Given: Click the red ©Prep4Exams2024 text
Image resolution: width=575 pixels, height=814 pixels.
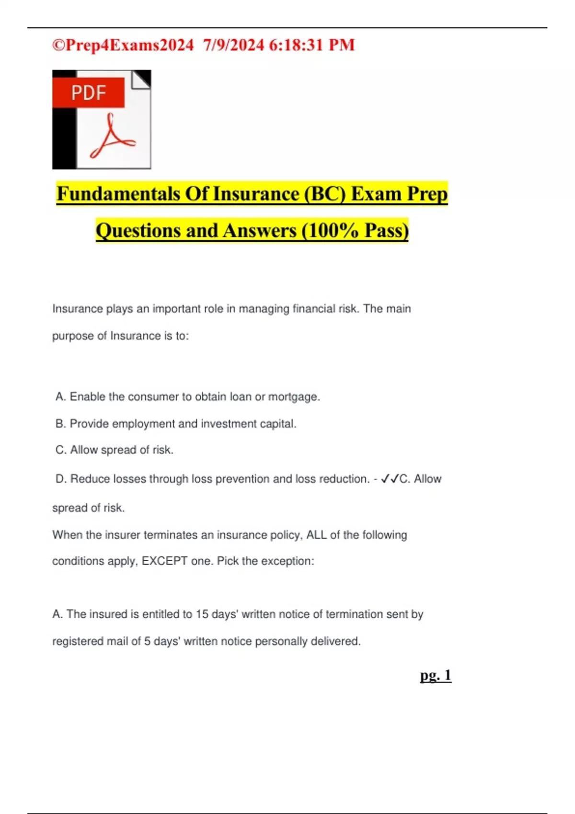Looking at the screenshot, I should pyautogui.click(x=123, y=45).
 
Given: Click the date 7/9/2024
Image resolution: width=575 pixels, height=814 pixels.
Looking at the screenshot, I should pyautogui.click(x=233, y=45).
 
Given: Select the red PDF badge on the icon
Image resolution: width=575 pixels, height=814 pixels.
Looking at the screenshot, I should pyautogui.click(x=89, y=92).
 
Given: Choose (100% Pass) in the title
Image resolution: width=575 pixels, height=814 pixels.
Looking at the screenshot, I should pyautogui.click(x=355, y=230).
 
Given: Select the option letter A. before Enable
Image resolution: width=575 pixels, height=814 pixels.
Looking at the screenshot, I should pyautogui.click(x=61, y=396).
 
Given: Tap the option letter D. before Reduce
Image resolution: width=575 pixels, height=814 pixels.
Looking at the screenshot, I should pyautogui.click(x=61, y=479).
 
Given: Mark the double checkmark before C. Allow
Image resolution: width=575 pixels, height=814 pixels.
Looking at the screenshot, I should pyautogui.click(x=390, y=479).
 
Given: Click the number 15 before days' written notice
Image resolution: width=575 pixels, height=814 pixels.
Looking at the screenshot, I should pyautogui.click(x=202, y=614).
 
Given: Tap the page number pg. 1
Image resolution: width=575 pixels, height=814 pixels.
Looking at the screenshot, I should pyautogui.click(x=436, y=675).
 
